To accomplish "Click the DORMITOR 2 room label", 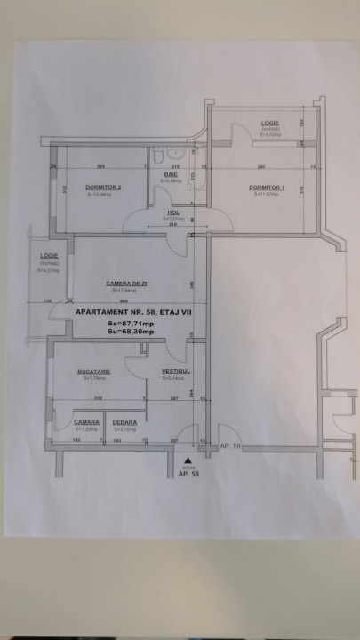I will click(103, 188).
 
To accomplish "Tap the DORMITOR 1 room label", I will click(267, 188).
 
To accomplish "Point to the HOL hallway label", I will click(174, 213).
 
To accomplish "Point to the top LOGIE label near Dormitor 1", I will click(270, 122).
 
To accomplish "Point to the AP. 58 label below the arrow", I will click(187, 474).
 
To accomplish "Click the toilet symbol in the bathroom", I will click(156, 157).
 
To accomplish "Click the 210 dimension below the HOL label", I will click(172, 226).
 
